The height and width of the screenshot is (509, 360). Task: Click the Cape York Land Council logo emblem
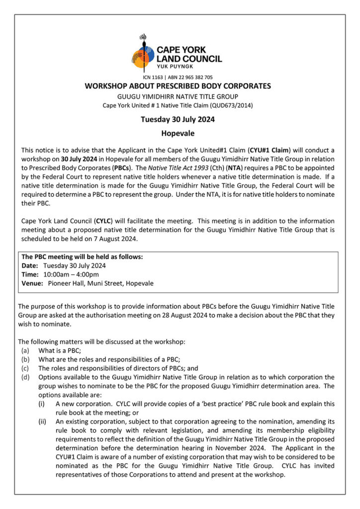coord(143,54)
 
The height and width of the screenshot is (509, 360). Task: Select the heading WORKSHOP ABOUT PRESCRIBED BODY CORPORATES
coord(178,86)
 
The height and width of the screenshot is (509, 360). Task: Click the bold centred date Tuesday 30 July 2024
coord(178,119)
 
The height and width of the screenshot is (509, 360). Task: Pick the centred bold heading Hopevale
coord(178,133)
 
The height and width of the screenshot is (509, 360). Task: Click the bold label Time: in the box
coord(30,274)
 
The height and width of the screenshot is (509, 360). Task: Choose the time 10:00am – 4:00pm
coord(71,274)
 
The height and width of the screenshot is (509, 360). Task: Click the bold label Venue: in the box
coord(32,283)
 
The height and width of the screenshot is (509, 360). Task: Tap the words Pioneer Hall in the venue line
coord(65,283)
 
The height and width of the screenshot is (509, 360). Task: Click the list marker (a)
coord(25,350)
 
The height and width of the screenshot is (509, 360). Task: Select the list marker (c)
coord(25,368)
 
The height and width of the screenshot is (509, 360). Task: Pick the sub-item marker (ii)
coord(44,422)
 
